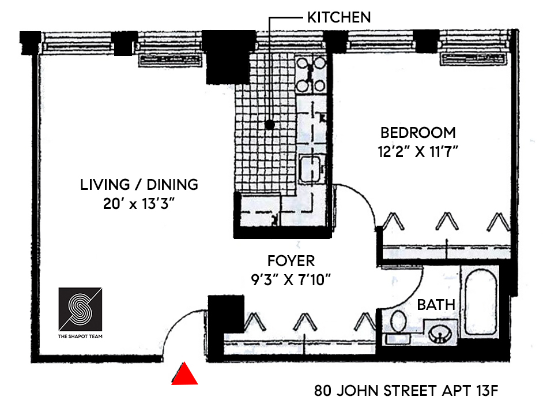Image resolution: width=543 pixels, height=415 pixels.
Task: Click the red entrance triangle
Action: point(184,375)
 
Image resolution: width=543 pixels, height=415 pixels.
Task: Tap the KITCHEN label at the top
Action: point(338,17)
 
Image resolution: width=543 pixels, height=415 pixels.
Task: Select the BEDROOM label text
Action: point(418,133)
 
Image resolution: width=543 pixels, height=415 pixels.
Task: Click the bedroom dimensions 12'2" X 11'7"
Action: point(418,154)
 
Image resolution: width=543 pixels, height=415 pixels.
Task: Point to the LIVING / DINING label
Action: point(139,185)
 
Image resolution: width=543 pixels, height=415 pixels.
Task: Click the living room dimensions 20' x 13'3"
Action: point(139,205)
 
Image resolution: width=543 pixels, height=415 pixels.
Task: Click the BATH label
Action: point(436,304)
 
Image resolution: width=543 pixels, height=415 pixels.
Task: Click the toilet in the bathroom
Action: point(397,323)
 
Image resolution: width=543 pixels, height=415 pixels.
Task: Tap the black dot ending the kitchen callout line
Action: point(269,124)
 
